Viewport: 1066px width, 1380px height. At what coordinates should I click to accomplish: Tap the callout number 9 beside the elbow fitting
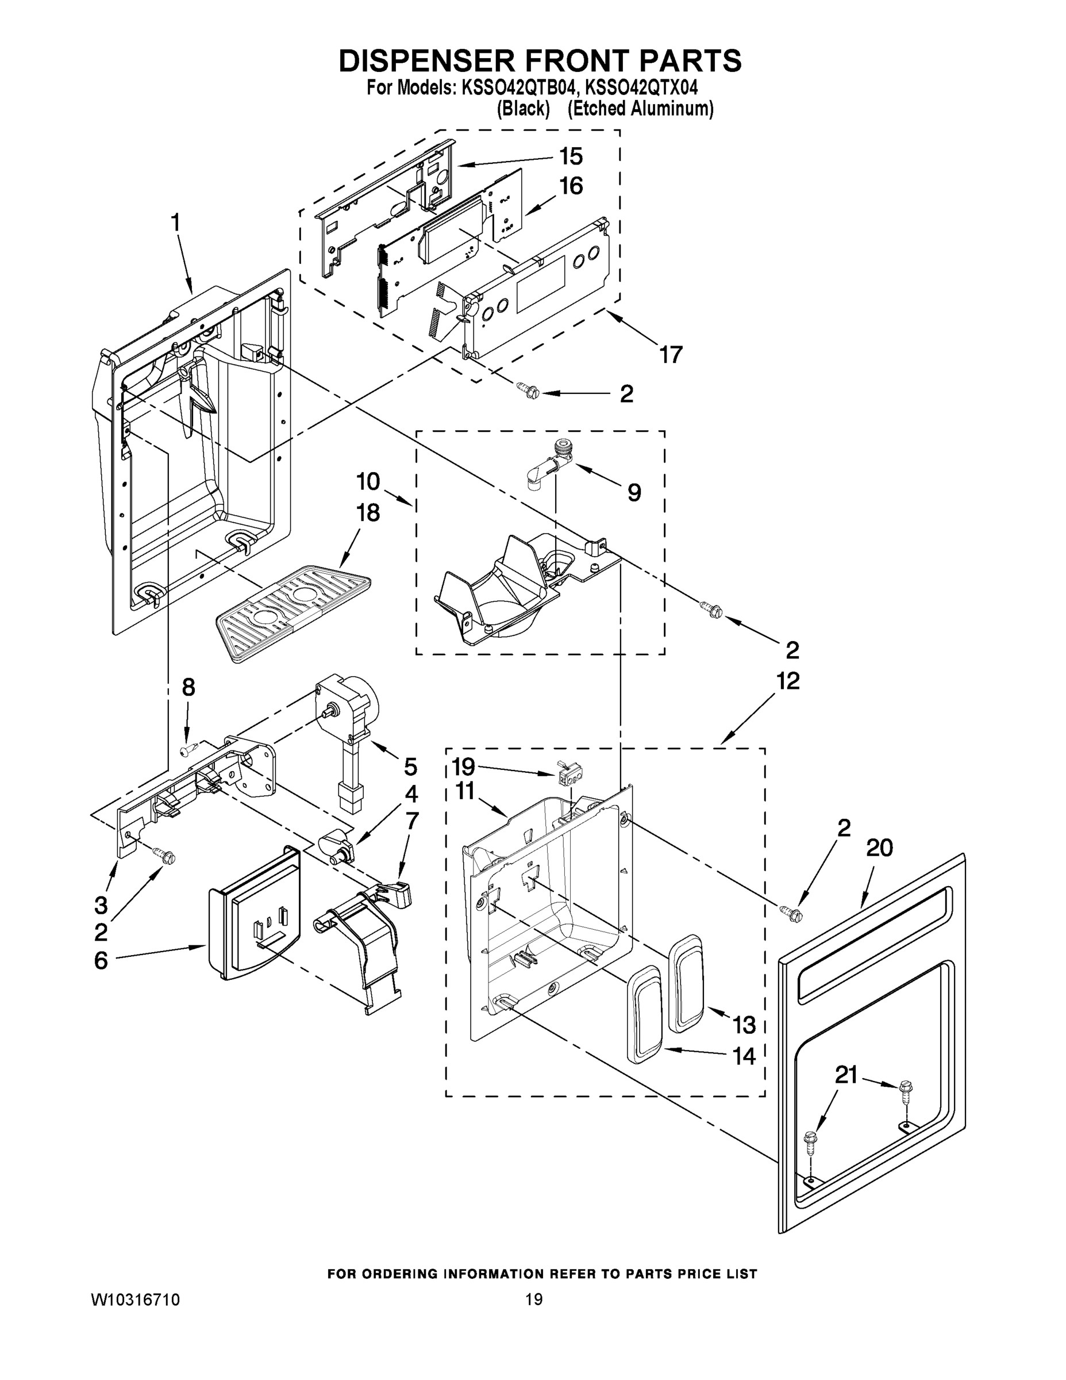coord(634,492)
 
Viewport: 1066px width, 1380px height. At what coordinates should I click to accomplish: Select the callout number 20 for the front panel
coord(879,848)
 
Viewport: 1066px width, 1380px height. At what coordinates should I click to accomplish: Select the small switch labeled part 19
coord(570,773)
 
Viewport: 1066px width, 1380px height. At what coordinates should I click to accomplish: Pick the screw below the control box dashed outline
coord(529,391)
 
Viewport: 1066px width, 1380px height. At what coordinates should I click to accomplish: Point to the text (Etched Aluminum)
coord(640,109)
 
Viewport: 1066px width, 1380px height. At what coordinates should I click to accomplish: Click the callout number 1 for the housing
coord(176,223)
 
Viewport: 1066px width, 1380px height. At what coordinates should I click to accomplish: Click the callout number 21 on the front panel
coord(846,1074)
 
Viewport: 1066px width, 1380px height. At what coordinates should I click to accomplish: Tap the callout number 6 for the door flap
coord(101,960)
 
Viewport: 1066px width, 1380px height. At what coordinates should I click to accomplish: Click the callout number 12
coord(787,681)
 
